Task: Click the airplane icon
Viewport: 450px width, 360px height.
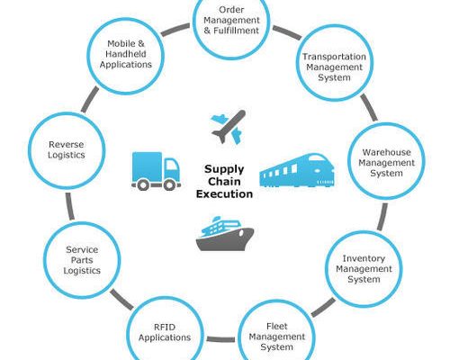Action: point(229,127)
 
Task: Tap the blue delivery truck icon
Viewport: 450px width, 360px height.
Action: point(156,171)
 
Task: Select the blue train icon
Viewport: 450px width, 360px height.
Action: point(297,170)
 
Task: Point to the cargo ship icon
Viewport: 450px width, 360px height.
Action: point(225,234)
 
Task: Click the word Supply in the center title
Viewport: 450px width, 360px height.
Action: point(224,170)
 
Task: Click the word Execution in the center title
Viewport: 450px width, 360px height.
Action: point(224,193)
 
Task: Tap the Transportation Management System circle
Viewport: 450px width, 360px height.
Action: point(335,63)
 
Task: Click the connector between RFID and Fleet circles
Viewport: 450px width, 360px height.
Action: point(220,339)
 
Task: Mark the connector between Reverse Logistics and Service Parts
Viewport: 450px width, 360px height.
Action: point(70,206)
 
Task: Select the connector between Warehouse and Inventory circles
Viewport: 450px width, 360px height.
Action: point(382,217)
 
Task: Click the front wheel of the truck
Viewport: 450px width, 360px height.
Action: point(169,185)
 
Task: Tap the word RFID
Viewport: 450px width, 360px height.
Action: point(165,327)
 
